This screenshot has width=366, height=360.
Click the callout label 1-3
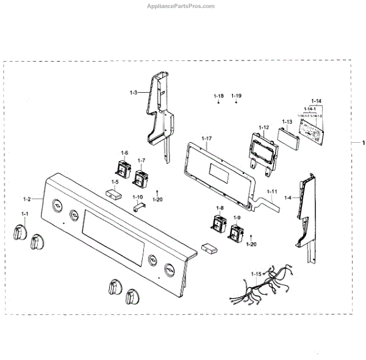tap(133, 92)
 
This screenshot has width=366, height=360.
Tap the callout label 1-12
tap(264, 127)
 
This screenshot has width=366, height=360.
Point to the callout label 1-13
tap(287, 121)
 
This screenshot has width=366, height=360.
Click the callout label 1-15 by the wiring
tap(256, 274)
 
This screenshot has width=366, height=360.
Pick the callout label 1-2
tap(27, 199)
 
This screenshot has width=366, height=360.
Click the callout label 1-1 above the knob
tap(25, 214)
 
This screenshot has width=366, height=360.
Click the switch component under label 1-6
tap(124, 168)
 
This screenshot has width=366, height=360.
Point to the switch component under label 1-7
tap(142, 179)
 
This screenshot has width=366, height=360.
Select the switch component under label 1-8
tap(218, 224)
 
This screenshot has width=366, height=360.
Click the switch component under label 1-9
tap(236, 233)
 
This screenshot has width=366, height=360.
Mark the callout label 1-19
tap(236, 96)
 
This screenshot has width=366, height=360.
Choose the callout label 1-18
tap(218, 96)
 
